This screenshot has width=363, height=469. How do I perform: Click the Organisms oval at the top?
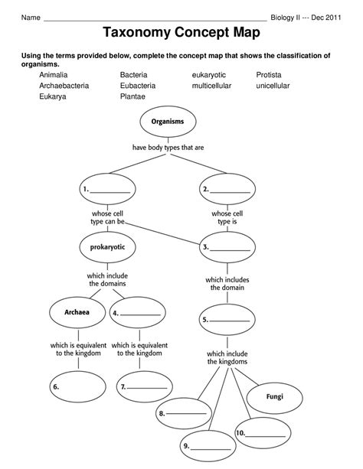click(167, 122)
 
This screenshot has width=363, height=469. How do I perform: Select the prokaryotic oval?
click(106, 246)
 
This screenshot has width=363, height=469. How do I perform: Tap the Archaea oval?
click(77, 312)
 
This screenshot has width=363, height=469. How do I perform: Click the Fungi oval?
click(274, 397)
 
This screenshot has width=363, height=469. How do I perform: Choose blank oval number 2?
click(227, 188)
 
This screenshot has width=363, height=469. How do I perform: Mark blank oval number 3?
click(227, 247)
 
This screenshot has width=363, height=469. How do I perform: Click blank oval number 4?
click(139, 313)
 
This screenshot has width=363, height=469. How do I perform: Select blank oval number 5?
click(227, 320)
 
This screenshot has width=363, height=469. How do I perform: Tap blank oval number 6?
click(77, 387)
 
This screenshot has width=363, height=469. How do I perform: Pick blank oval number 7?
click(145, 387)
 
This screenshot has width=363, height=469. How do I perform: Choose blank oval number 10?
click(262, 433)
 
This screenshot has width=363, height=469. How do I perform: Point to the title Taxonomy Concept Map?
click(181, 33)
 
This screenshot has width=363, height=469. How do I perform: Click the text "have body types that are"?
click(168, 147)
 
